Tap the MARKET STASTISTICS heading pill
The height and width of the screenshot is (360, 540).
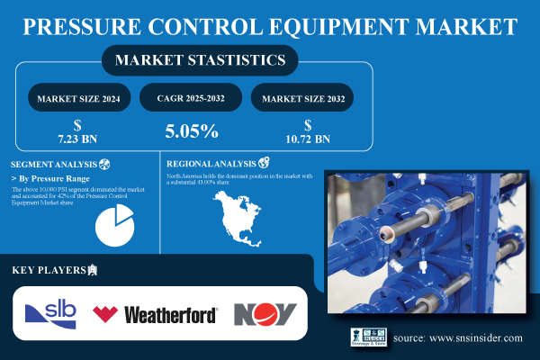200,61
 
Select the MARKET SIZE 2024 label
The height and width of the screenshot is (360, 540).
79,97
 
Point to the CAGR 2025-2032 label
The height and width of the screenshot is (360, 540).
191,97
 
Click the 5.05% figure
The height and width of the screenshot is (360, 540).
191,131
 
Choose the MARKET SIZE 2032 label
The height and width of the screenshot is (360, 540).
301,97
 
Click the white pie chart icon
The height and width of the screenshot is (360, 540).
112,225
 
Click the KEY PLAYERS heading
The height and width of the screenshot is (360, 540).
49,270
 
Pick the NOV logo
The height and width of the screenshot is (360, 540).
265,313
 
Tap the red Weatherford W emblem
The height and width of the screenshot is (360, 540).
105,314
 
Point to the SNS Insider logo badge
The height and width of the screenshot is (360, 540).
368,337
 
